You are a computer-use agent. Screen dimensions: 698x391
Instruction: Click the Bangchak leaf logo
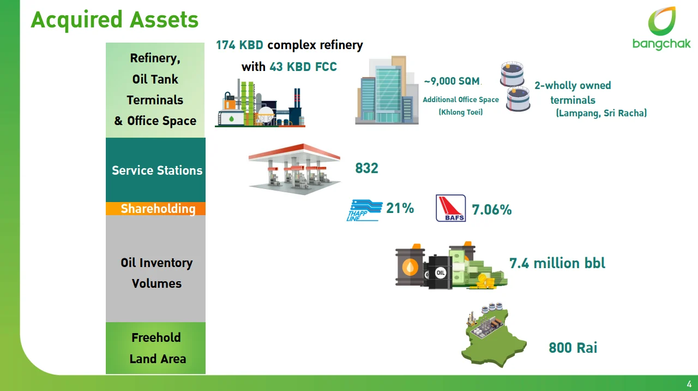(662, 21)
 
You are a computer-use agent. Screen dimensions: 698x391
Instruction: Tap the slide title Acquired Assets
(115, 20)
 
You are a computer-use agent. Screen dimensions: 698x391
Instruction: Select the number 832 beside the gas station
(366, 168)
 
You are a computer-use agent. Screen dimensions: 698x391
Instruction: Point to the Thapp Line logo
(364, 210)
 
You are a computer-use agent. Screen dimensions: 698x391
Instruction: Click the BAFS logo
(450, 208)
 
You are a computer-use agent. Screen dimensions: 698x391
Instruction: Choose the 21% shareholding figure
(400, 208)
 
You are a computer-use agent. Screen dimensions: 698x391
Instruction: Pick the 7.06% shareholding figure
(491, 210)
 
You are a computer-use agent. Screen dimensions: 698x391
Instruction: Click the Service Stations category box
(155, 170)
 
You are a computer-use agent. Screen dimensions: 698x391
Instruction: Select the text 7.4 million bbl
(557, 263)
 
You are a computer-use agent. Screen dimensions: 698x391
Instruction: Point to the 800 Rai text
(573, 348)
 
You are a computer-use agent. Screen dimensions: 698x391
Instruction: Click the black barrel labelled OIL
(439, 271)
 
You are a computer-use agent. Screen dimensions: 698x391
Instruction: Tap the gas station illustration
(294, 169)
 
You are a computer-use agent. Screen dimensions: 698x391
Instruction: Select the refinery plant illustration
(260, 103)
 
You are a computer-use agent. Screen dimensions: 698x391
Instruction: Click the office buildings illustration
(387, 90)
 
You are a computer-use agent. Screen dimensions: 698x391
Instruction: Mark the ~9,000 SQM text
(452, 81)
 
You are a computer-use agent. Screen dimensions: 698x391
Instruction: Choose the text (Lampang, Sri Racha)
(601, 113)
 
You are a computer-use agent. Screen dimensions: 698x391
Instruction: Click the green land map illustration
(494, 335)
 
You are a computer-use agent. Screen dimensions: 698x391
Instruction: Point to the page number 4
(689, 384)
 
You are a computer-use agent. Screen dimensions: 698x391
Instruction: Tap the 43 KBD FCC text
(303, 67)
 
